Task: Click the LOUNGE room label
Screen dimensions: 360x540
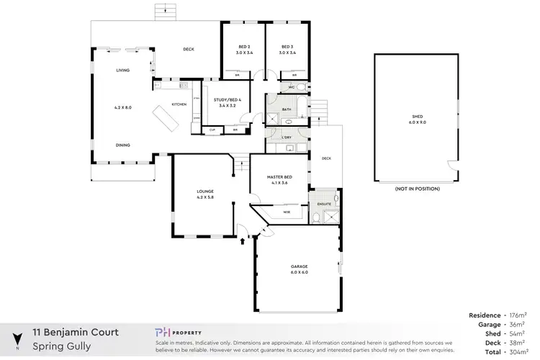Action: point(206,191)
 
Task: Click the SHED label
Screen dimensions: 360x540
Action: point(417,118)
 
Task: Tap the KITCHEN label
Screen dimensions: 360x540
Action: point(179,104)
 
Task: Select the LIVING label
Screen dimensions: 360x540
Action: point(123,71)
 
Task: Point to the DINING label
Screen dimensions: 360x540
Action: point(123,145)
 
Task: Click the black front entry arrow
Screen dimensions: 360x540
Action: point(242,242)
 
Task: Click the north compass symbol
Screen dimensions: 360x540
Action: point(17,339)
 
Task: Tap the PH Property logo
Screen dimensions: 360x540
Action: point(179,332)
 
